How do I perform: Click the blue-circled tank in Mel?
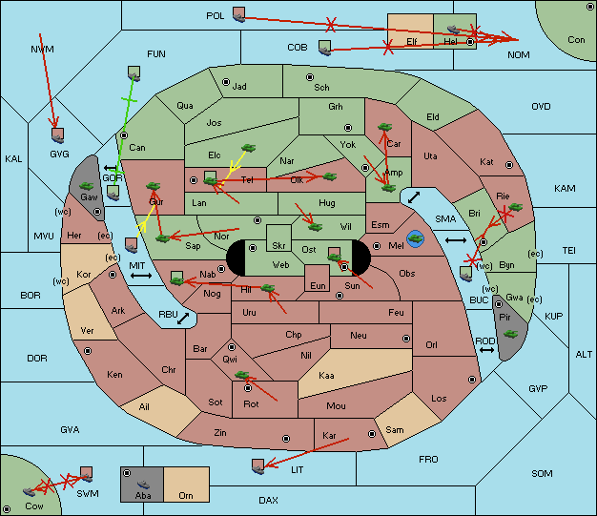point(415,238)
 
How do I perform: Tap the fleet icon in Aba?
point(143,484)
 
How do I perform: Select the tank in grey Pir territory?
point(510,334)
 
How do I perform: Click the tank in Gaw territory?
point(87,186)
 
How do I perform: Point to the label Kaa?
point(326,376)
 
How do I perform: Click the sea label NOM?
point(519,55)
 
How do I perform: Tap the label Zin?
point(220,433)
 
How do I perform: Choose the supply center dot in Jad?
point(226,82)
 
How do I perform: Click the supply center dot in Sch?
point(310,77)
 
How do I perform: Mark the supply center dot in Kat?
point(509,165)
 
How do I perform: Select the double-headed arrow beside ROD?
point(486,350)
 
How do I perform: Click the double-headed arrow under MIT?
point(141,276)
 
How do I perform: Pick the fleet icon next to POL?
point(238,14)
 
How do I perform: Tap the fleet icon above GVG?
point(57,135)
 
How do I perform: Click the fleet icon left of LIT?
point(258,466)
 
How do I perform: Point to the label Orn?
point(186,495)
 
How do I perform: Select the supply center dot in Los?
point(472,380)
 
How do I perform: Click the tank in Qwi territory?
point(242,375)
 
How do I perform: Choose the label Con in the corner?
point(576,40)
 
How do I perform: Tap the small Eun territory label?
point(318,285)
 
